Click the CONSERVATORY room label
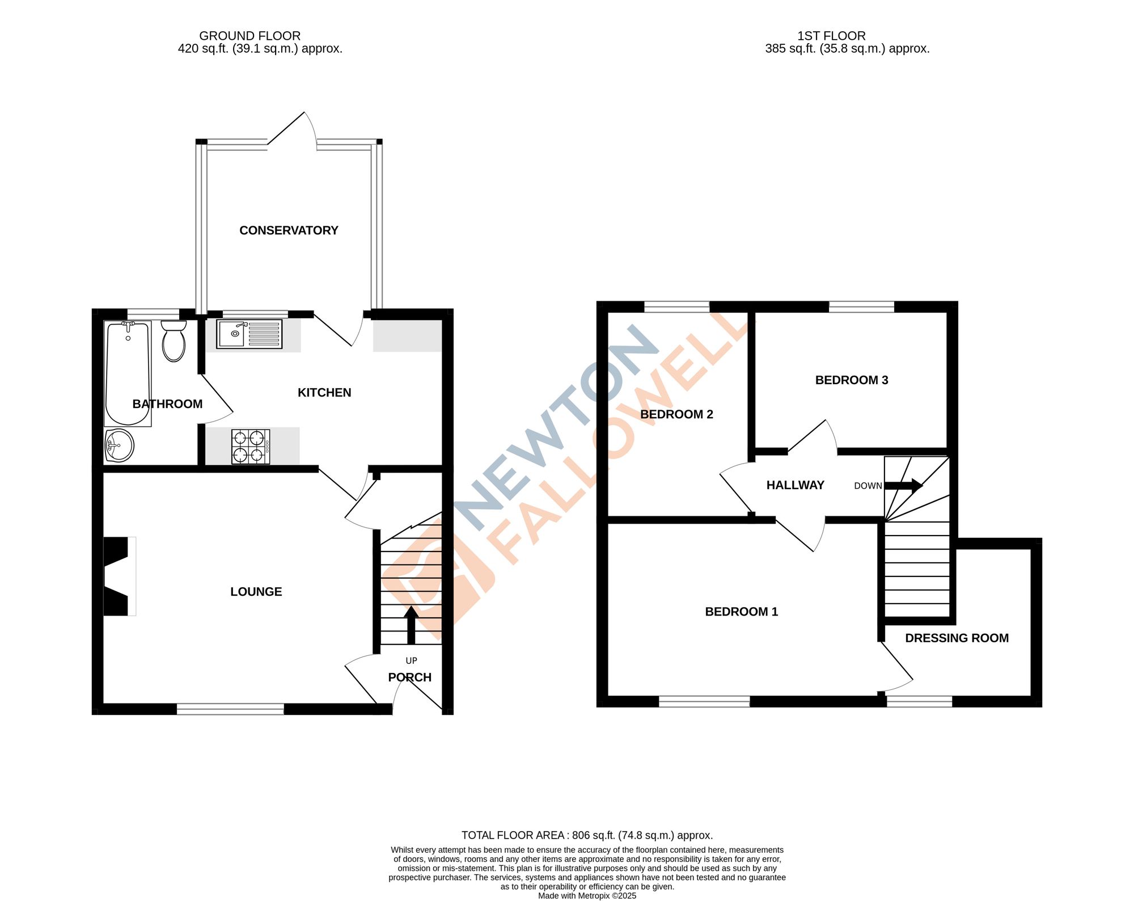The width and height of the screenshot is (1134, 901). tap(289, 230)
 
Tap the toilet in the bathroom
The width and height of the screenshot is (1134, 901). tap(174, 341)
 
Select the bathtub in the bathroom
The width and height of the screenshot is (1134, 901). tap(128, 373)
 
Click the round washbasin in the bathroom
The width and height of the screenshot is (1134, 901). tap(119, 445)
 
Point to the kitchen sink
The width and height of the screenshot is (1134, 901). tap(249, 334)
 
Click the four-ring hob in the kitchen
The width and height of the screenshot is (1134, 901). tap(250, 447)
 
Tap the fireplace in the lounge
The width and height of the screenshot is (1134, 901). tap(118, 576)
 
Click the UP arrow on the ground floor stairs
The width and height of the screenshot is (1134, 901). tap(411, 624)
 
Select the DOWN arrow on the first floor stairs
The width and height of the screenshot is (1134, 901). tap(904, 486)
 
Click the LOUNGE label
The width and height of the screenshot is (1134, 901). tap(256, 592)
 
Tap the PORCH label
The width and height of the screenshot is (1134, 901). tap(409, 677)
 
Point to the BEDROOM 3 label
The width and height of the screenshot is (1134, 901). tap(851, 380)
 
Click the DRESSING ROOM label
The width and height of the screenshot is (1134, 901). tap(957, 638)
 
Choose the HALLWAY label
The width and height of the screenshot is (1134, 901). tap(795, 485)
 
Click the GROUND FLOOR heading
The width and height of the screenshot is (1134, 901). tap(249, 36)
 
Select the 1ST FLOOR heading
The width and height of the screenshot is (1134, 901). tap(831, 36)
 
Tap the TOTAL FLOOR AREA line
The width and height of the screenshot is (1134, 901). tap(587, 835)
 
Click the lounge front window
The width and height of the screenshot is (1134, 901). tap(230, 709)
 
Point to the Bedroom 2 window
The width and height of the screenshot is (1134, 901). tap(676, 307)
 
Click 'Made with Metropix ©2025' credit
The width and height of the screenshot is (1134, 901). tap(587, 896)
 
